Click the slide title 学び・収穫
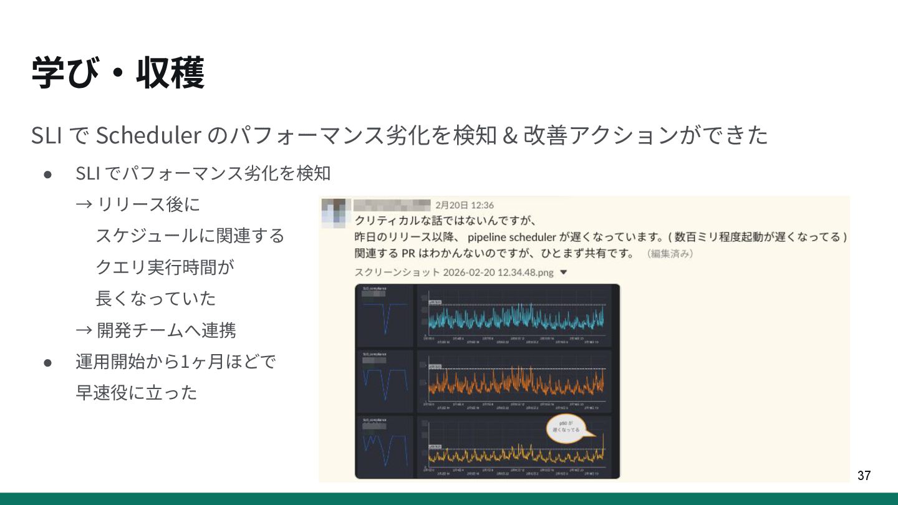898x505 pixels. (118, 73)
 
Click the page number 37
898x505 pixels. (864, 476)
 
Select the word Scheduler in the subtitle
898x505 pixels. (148, 135)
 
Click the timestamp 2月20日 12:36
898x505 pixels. (465, 205)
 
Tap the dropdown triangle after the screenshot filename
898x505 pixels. (564, 272)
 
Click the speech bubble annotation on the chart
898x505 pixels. (567, 429)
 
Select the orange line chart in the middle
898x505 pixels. (516, 382)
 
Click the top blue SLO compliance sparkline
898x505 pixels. (385, 316)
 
